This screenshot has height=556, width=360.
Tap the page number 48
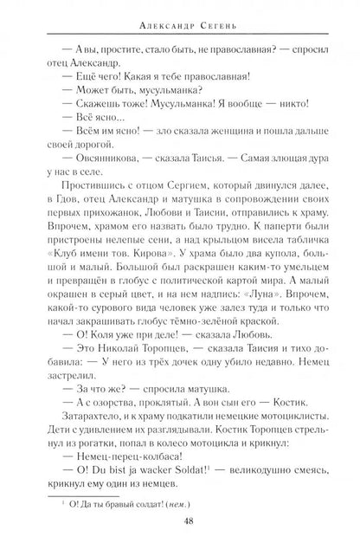(x=180, y=536)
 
